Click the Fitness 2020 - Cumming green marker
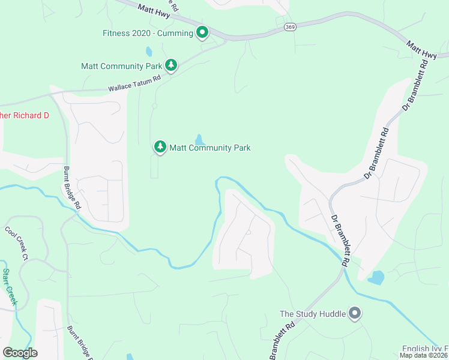pos(203,32)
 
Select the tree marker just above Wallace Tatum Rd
pos(171,65)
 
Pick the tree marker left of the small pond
pos(160,146)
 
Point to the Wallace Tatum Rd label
pos(135,83)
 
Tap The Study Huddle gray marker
pos(355,313)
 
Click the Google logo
pos(20,353)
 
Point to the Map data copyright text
pos(424,355)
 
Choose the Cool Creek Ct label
pos(17,242)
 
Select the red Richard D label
pos(24,115)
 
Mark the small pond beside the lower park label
pos(199,140)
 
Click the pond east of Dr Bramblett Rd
pos(376,278)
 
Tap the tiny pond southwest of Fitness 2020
pos(149,51)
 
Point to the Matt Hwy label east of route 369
pos(421,50)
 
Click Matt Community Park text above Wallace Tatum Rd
pos(122,66)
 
